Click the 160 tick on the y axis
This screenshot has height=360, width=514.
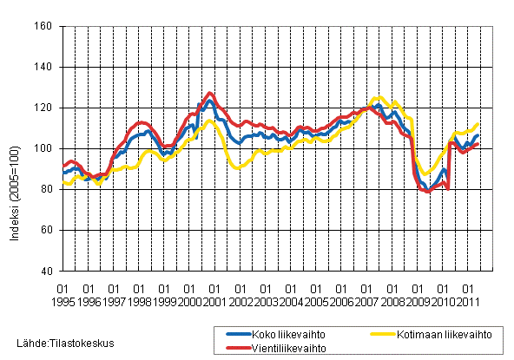[44, 27]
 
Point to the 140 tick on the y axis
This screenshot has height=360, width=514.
[44, 68]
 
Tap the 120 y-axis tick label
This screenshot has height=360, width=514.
[44, 108]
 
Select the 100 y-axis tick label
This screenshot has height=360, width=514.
[44, 149]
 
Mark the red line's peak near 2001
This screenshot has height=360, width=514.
[209, 93]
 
